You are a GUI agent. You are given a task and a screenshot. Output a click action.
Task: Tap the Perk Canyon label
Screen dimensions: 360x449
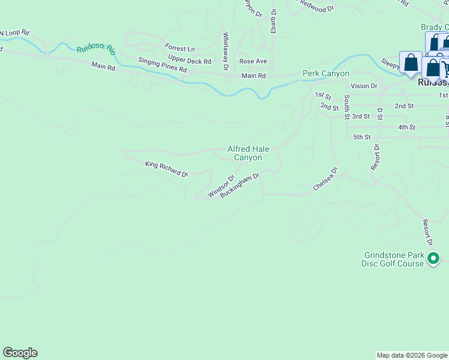coord(325,73)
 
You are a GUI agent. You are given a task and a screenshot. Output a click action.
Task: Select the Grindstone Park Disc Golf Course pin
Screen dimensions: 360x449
coord(433,259)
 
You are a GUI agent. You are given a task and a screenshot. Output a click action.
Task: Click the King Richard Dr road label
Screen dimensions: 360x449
coord(167,168)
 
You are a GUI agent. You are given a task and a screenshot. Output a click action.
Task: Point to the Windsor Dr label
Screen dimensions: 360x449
coord(220,187)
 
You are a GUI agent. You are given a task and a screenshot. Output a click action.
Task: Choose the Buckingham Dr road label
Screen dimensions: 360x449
coord(240,185)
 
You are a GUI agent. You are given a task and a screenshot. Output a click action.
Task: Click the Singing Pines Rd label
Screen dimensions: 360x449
coord(163,65)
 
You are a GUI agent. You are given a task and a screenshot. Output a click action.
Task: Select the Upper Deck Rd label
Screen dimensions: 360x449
coord(190,61)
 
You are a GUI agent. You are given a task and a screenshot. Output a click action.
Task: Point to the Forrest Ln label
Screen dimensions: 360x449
coord(181,49)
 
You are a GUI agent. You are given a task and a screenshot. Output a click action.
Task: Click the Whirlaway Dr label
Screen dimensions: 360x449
coord(226,52)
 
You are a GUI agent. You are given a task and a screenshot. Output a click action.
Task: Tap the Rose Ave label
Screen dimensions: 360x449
coord(253,61)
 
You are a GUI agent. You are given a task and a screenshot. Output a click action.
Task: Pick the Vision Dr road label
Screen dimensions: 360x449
coord(364,86)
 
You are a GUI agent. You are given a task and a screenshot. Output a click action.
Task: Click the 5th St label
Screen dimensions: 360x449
coord(362,137)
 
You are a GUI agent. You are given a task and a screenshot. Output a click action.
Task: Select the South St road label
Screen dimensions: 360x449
coord(346,107)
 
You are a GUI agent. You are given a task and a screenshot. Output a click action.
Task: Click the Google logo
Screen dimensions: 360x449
coord(20,353)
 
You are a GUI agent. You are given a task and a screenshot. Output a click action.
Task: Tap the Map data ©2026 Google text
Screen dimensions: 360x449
coord(411,355)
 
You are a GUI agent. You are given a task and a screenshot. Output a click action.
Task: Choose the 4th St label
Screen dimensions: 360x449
coord(406,127)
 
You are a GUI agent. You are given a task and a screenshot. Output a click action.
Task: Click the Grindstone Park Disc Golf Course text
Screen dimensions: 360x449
coord(393,259)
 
